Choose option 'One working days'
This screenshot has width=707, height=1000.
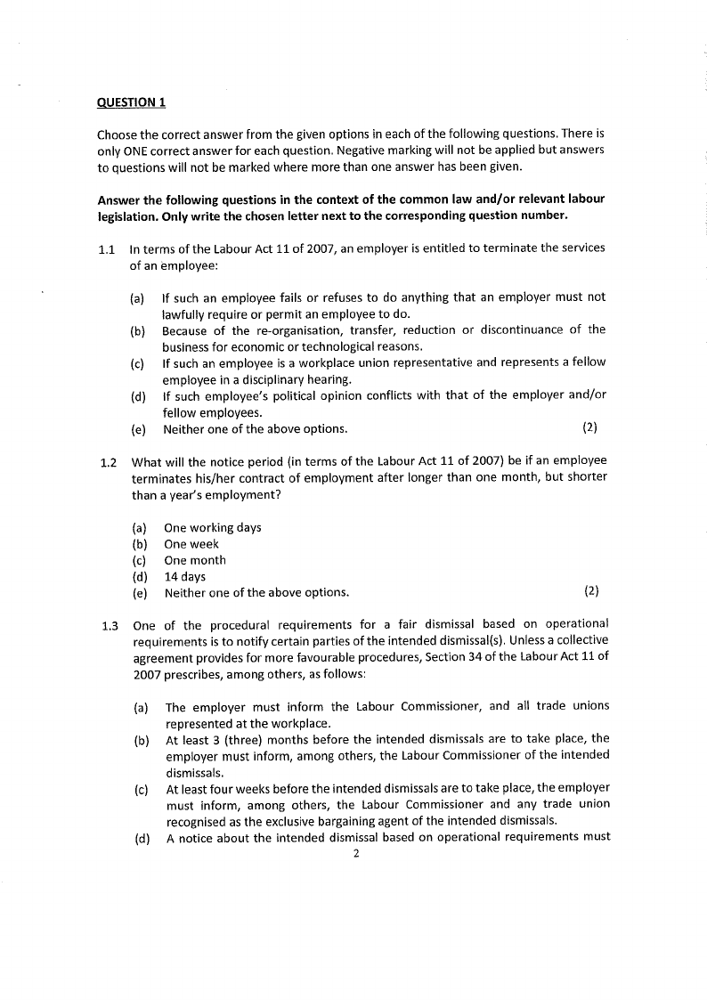click(213, 527)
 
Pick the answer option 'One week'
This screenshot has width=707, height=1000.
click(191, 544)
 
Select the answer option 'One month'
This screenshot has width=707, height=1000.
click(195, 560)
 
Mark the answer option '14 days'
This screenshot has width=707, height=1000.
click(184, 577)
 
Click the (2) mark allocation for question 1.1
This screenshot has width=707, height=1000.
click(589, 428)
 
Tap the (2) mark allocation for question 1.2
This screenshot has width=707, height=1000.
click(591, 592)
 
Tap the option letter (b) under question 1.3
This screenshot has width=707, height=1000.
click(140, 738)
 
